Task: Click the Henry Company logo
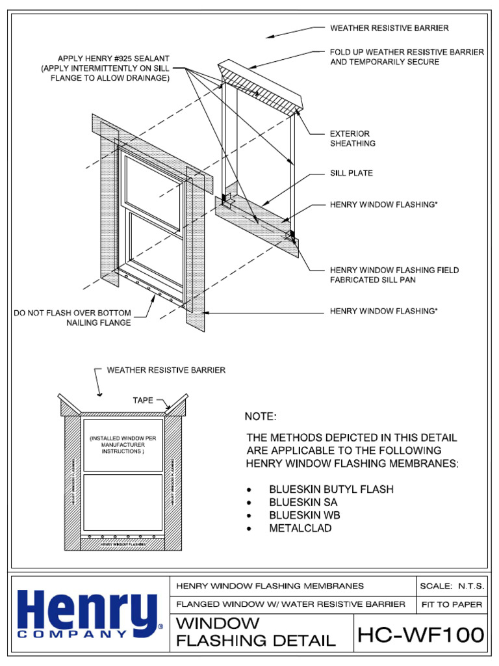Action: (88, 615)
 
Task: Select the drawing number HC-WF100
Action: (420, 633)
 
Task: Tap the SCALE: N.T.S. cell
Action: (452, 586)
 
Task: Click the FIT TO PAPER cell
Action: (452, 604)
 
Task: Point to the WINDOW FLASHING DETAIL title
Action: (256, 632)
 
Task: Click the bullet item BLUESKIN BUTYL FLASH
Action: (331, 489)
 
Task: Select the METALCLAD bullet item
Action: (300, 528)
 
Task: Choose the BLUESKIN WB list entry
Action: (304, 515)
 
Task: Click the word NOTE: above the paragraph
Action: (260, 416)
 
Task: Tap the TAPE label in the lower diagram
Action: (143, 401)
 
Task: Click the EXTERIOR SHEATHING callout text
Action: (352, 138)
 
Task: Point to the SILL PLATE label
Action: (352, 174)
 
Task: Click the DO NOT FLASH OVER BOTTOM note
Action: (73, 318)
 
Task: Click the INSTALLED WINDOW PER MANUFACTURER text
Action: (123, 445)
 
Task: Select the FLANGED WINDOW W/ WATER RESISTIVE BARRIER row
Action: (292, 604)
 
